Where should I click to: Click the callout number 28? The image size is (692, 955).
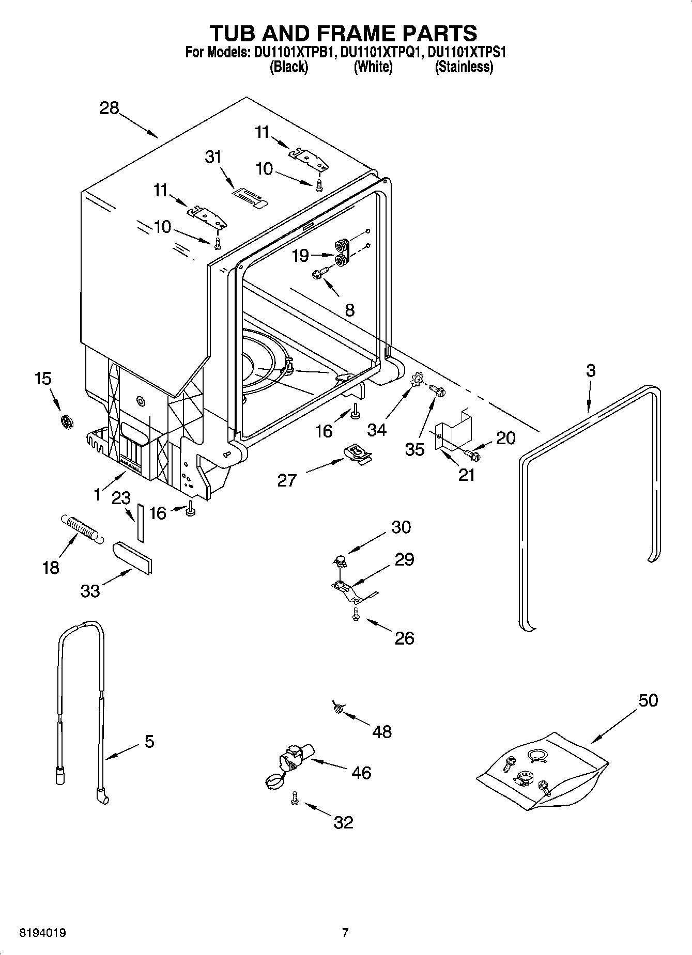pyautogui.click(x=110, y=108)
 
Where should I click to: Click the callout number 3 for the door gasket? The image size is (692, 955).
pyautogui.click(x=590, y=370)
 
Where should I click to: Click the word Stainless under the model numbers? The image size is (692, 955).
pyautogui.click(x=464, y=67)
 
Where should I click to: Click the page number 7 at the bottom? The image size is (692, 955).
pyautogui.click(x=345, y=933)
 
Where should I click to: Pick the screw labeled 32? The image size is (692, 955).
pyautogui.click(x=295, y=799)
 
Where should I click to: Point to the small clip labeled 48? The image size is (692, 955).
pyautogui.click(x=339, y=708)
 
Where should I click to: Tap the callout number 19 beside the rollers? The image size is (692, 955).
pyautogui.click(x=300, y=255)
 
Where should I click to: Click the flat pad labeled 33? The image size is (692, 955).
pyautogui.click(x=132, y=557)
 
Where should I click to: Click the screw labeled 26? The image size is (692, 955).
pyautogui.click(x=356, y=614)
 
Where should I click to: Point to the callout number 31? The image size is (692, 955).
pyautogui.click(x=213, y=156)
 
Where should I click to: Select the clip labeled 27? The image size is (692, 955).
pyautogui.click(x=357, y=453)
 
